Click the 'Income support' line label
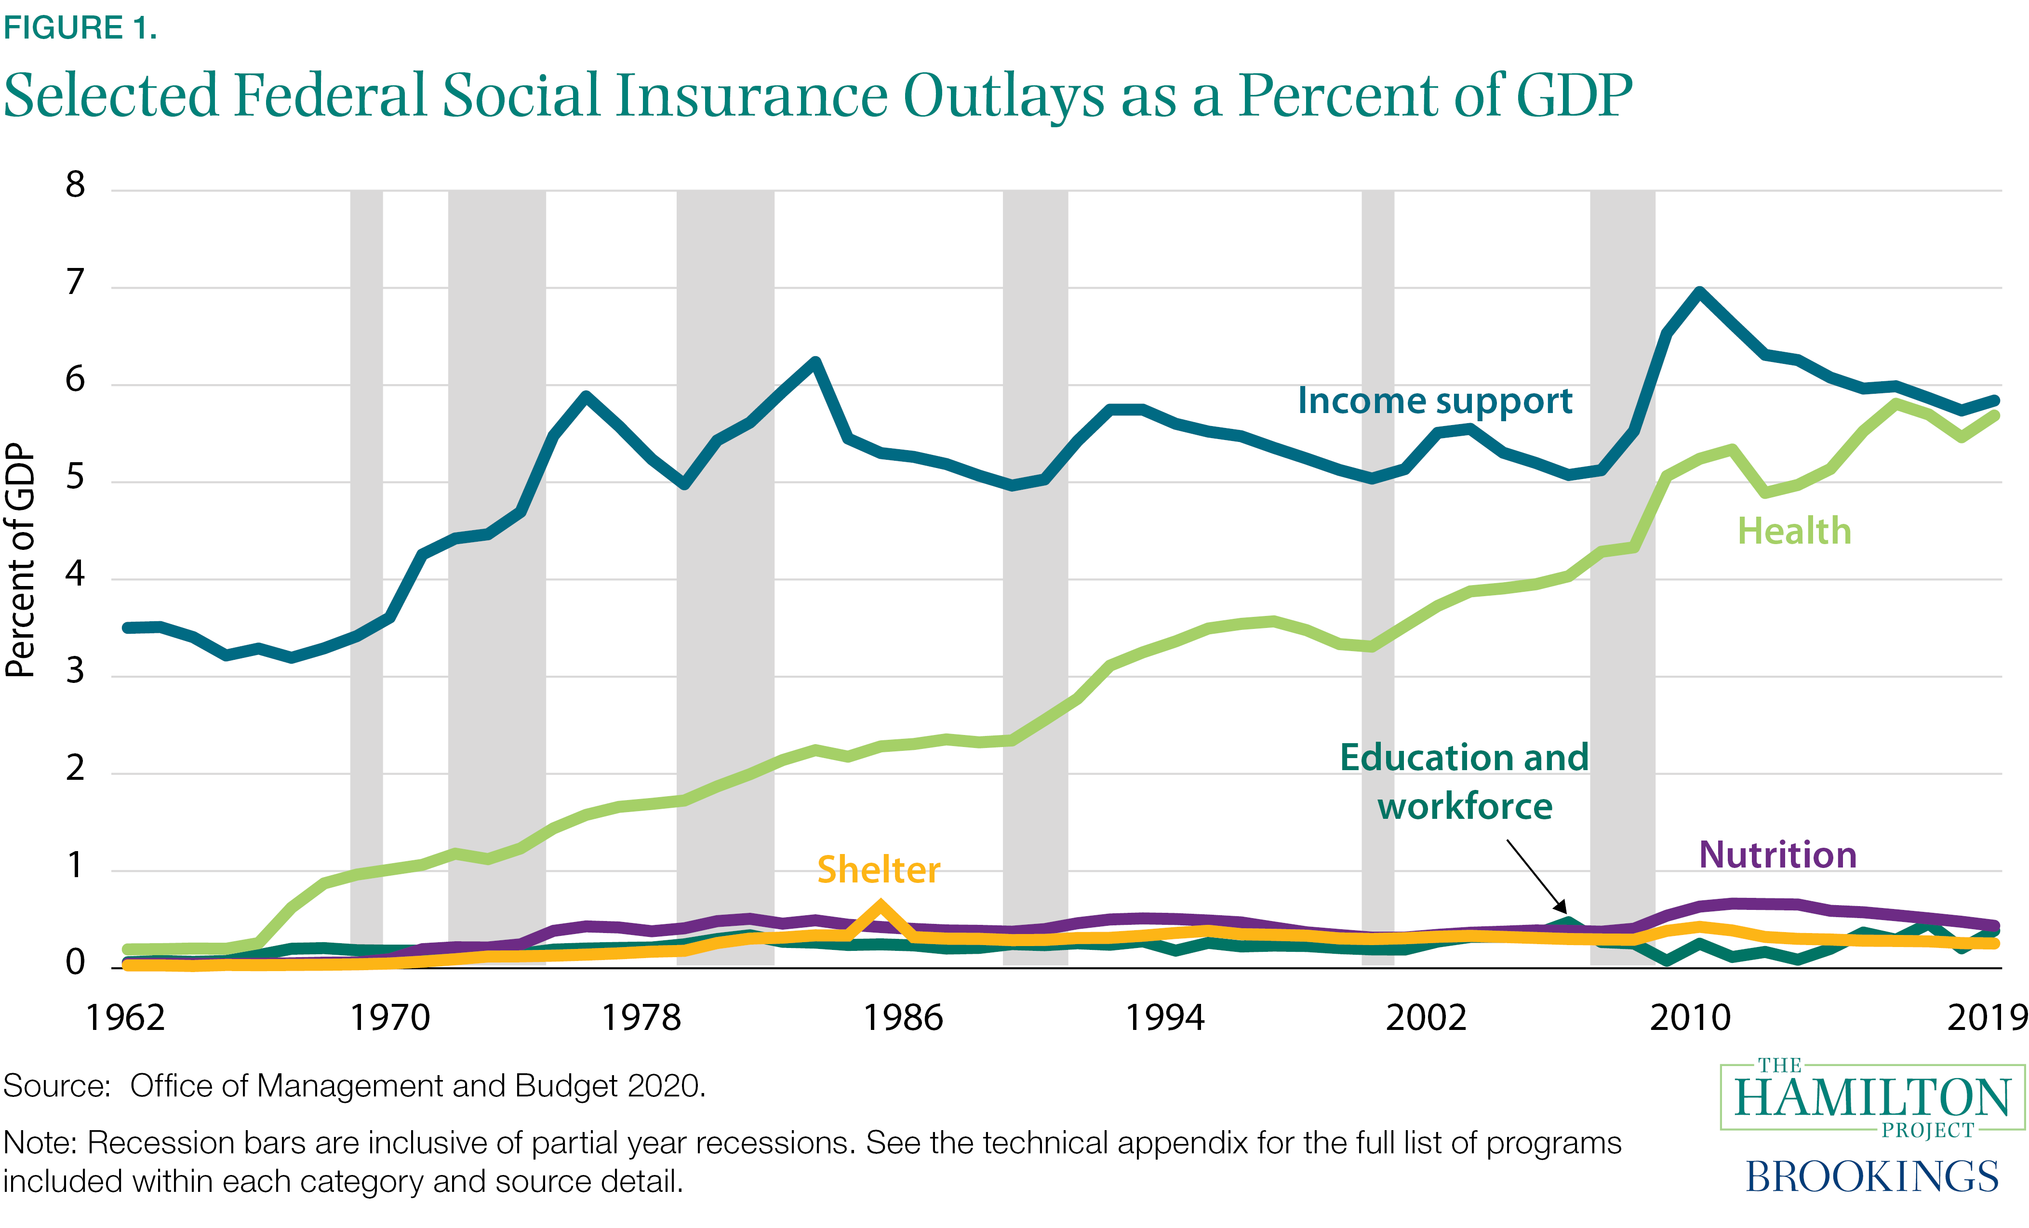click(x=1434, y=401)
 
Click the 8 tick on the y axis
click(x=75, y=185)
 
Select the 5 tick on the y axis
click(x=75, y=477)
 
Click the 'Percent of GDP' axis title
click(x=21, y=560)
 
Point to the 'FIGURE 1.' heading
click(x=80, y=28)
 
